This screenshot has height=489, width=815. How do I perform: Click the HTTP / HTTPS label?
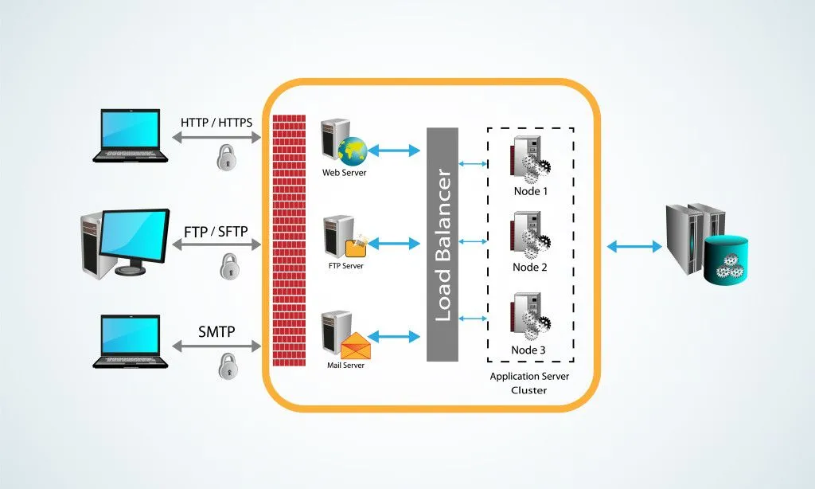point(216,123)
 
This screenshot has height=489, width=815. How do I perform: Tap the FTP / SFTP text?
point(216,232)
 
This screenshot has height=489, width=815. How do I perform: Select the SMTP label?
point(216,331)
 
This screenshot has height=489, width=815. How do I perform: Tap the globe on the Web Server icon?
point(352,150)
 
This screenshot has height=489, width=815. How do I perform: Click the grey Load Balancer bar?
point(442,243)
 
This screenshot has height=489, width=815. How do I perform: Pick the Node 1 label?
point(530,192)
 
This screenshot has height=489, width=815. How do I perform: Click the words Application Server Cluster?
point(529,383)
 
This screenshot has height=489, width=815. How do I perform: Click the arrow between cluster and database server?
point(634,247)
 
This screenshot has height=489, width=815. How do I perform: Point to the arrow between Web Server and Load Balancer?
point(394,150)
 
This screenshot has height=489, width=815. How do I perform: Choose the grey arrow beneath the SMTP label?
point(216,346)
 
